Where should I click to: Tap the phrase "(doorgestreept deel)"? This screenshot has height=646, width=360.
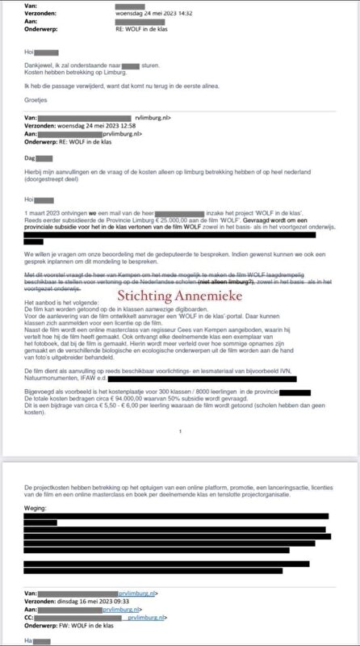pos(50,182)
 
